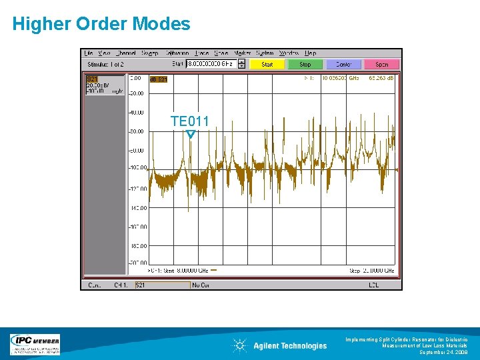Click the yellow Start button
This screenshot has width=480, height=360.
pos(267,65)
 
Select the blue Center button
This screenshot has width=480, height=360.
pos(343,65)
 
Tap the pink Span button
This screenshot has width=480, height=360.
pos(382,65)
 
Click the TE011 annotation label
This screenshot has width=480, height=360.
pos(189,121)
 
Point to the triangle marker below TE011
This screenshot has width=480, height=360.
pos(191,134)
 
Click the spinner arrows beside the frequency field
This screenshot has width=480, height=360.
pos(241,64)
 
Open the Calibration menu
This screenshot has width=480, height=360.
pos(177,53)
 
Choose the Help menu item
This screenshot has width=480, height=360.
pos(311,53)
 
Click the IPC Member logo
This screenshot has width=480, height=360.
pos(35,344)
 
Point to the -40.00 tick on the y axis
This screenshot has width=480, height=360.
pos(137,112)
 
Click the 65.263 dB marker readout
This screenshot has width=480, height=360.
pos(381,78)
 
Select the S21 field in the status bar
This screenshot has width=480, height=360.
pos(161,285)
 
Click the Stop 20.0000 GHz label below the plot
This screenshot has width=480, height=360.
pos(371,271)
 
